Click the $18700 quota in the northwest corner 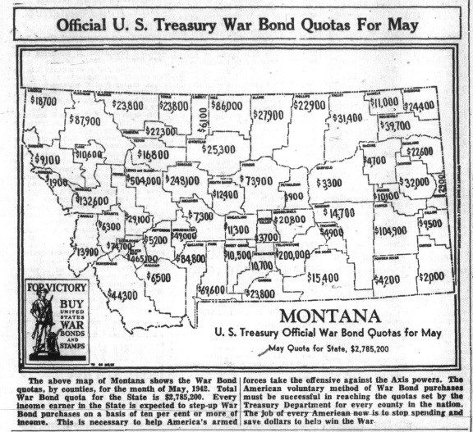43,100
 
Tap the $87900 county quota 84,120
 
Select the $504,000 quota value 143,180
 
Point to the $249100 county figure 182,180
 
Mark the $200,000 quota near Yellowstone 293,255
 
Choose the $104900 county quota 390,231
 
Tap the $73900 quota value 255,180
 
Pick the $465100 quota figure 141,258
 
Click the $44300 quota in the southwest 122,294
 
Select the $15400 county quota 323,279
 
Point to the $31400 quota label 347,118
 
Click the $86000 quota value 226,106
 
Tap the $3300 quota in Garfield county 328,183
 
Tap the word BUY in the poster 70,302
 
